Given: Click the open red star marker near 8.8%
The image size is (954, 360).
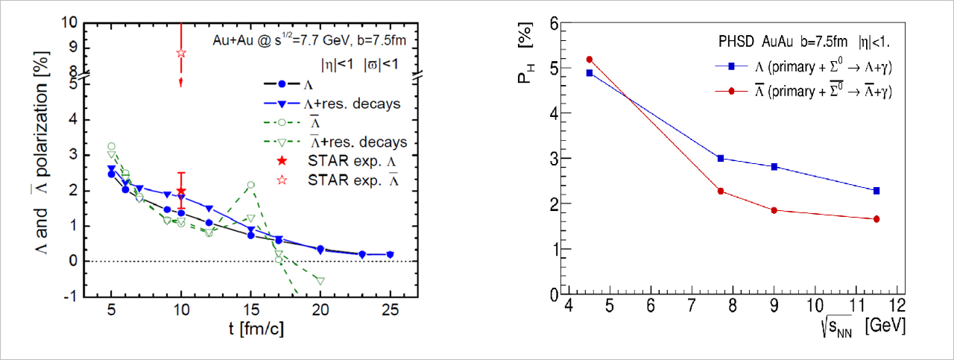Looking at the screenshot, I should [180, 53].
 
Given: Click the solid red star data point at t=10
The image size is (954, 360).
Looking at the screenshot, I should [180, 191].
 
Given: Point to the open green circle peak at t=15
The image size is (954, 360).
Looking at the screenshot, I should [251, 184].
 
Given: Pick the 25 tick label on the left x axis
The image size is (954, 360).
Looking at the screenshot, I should [391, 309].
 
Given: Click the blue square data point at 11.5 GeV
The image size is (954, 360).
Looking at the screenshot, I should [876, 191].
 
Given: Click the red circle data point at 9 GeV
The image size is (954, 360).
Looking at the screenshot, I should [774, 210].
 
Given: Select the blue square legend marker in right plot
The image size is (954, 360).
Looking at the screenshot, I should [732, 67].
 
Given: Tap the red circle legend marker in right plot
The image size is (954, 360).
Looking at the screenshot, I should [732, 91].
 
